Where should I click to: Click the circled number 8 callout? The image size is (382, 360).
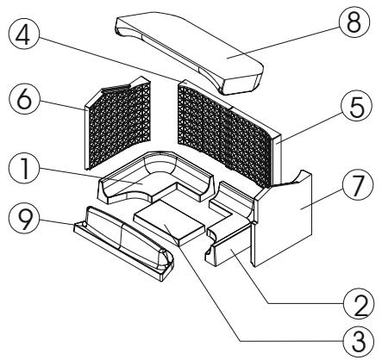[354, 22]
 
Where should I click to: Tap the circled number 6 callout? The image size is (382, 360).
[24, 98]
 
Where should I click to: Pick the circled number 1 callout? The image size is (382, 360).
[24, 169]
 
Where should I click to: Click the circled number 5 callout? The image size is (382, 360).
[356, 106]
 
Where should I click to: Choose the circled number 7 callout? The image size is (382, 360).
[358, 184]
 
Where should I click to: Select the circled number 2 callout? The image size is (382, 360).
[359, 304]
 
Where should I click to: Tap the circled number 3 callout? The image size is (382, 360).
[359, 341]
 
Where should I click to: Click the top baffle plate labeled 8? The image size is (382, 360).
[190, 52]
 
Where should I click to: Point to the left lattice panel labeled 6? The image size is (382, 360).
[118, 122]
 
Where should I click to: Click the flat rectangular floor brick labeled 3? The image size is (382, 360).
[170, 222]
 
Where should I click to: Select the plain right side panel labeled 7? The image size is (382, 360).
[283, 218]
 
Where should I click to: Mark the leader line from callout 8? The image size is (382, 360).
[283, 43]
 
